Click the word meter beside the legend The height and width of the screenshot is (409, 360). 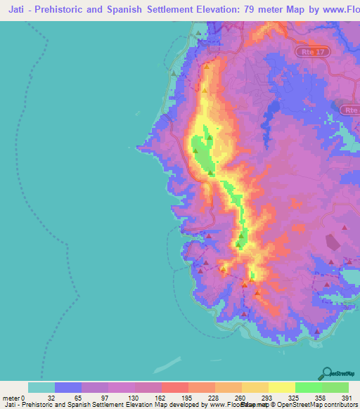point(11,398)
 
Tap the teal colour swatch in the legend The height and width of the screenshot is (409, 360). point(41,387)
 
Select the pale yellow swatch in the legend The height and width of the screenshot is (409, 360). point(281,387)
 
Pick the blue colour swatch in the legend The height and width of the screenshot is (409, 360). point(68,387)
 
